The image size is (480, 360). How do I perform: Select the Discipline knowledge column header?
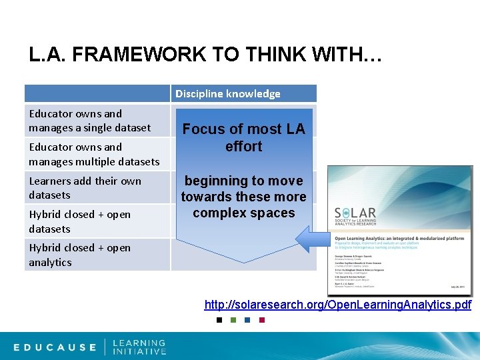tap(228, 93)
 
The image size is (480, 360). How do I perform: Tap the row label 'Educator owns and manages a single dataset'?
tap(89, 121)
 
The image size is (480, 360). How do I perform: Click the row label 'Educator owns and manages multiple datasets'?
tap(94, 154)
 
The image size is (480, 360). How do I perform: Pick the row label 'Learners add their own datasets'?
tap(85, 187)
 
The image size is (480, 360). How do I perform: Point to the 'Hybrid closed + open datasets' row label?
tap(79, 221)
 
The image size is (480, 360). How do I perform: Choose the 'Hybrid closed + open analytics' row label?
tap(79, 255)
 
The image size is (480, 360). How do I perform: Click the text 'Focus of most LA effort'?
tap(243, 138)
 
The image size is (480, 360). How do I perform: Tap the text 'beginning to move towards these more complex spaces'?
tap(243, 197)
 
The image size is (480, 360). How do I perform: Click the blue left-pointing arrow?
tap(313, 239)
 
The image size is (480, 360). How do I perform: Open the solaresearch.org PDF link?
tap(338, 305)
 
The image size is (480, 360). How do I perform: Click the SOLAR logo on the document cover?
tap(357, 217)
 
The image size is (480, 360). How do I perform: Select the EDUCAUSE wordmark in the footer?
tap(55, 347)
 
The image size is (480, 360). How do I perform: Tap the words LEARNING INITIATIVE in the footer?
tap(139, 347)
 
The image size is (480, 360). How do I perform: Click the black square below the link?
tap(219, 320)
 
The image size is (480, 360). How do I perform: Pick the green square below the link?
tap(233, 320)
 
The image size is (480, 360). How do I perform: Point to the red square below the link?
tap(261, 320)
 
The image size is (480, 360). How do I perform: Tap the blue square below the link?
tap(247, 320)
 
